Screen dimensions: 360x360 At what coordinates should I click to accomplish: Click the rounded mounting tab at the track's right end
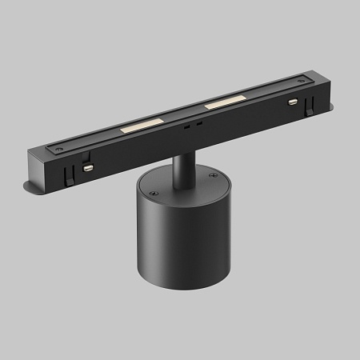(x=328, y=109)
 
